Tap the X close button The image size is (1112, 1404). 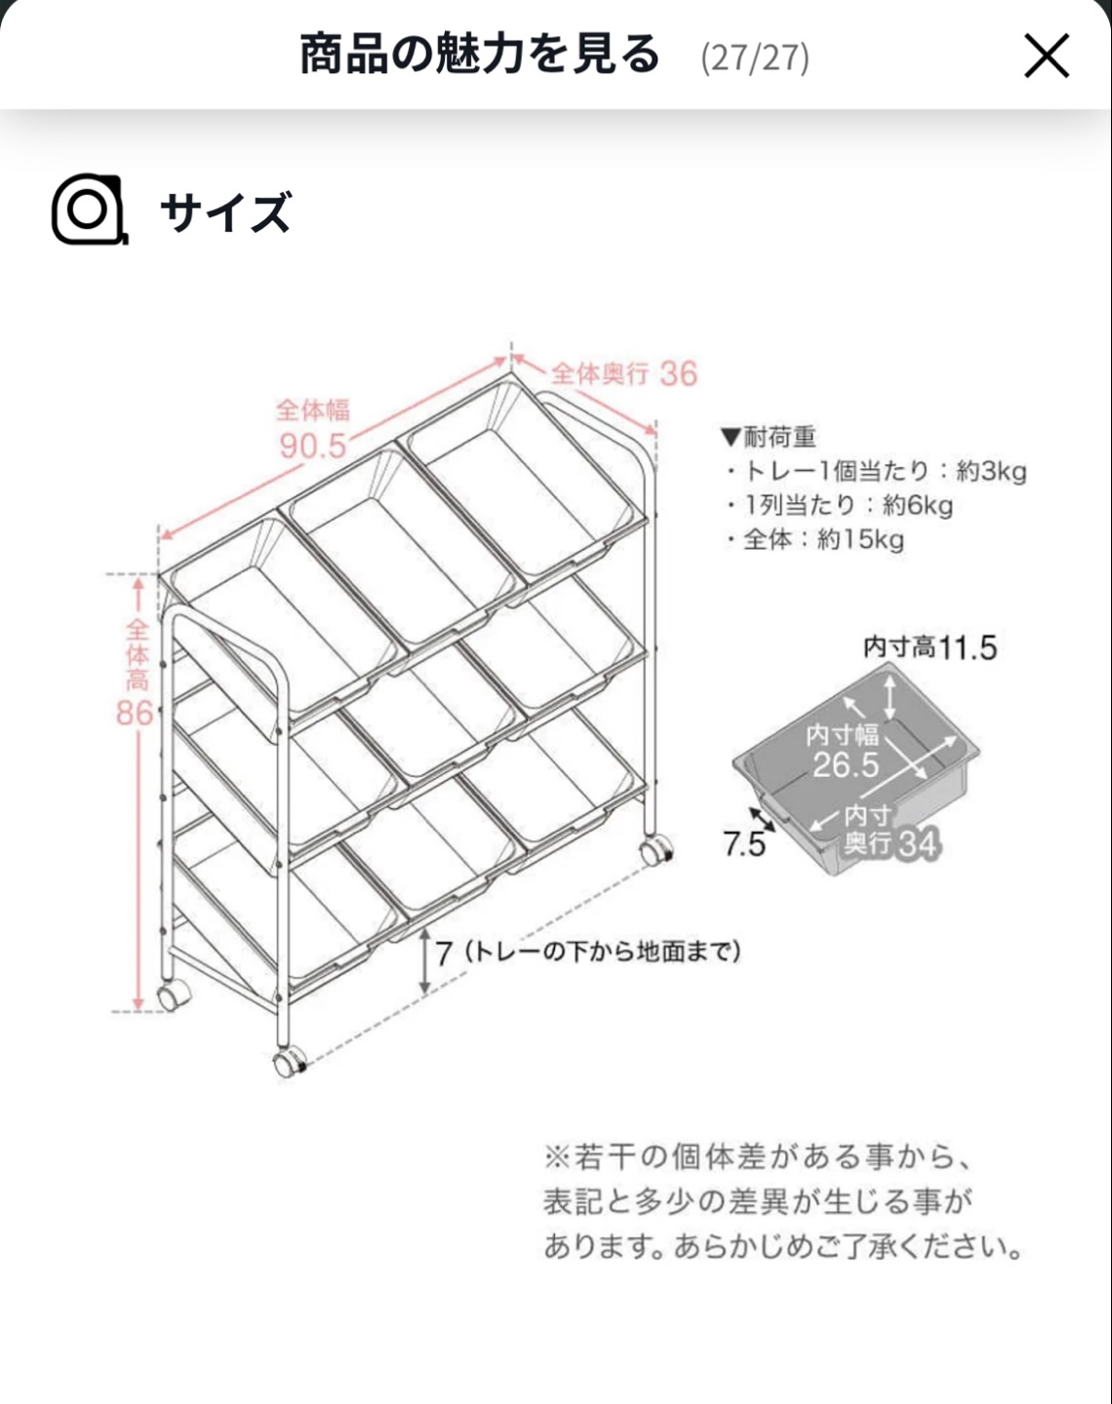[x=1047, y=57]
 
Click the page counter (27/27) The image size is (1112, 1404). [x=755, y=58]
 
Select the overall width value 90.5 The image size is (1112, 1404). [x=313, y=446]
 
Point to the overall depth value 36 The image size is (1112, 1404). [x=679, y=373]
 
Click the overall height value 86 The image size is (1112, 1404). [x=135, y=713]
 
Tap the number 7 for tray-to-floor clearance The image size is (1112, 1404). [x=444, y=954]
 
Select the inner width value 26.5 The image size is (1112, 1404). [x=846, y=764]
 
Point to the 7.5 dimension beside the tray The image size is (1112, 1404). [x=743, y=844]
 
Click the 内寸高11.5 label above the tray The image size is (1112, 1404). [x=930, y=647]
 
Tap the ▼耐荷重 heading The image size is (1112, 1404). [x=769, y=437]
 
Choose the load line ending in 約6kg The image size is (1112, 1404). [x=840, y=505]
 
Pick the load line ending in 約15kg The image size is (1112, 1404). [x=815, y=539]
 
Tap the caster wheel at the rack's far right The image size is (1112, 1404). [x=655, y=851]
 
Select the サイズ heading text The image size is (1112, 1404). [x=225, y=212]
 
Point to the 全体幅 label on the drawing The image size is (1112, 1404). [x=313, y=410]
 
